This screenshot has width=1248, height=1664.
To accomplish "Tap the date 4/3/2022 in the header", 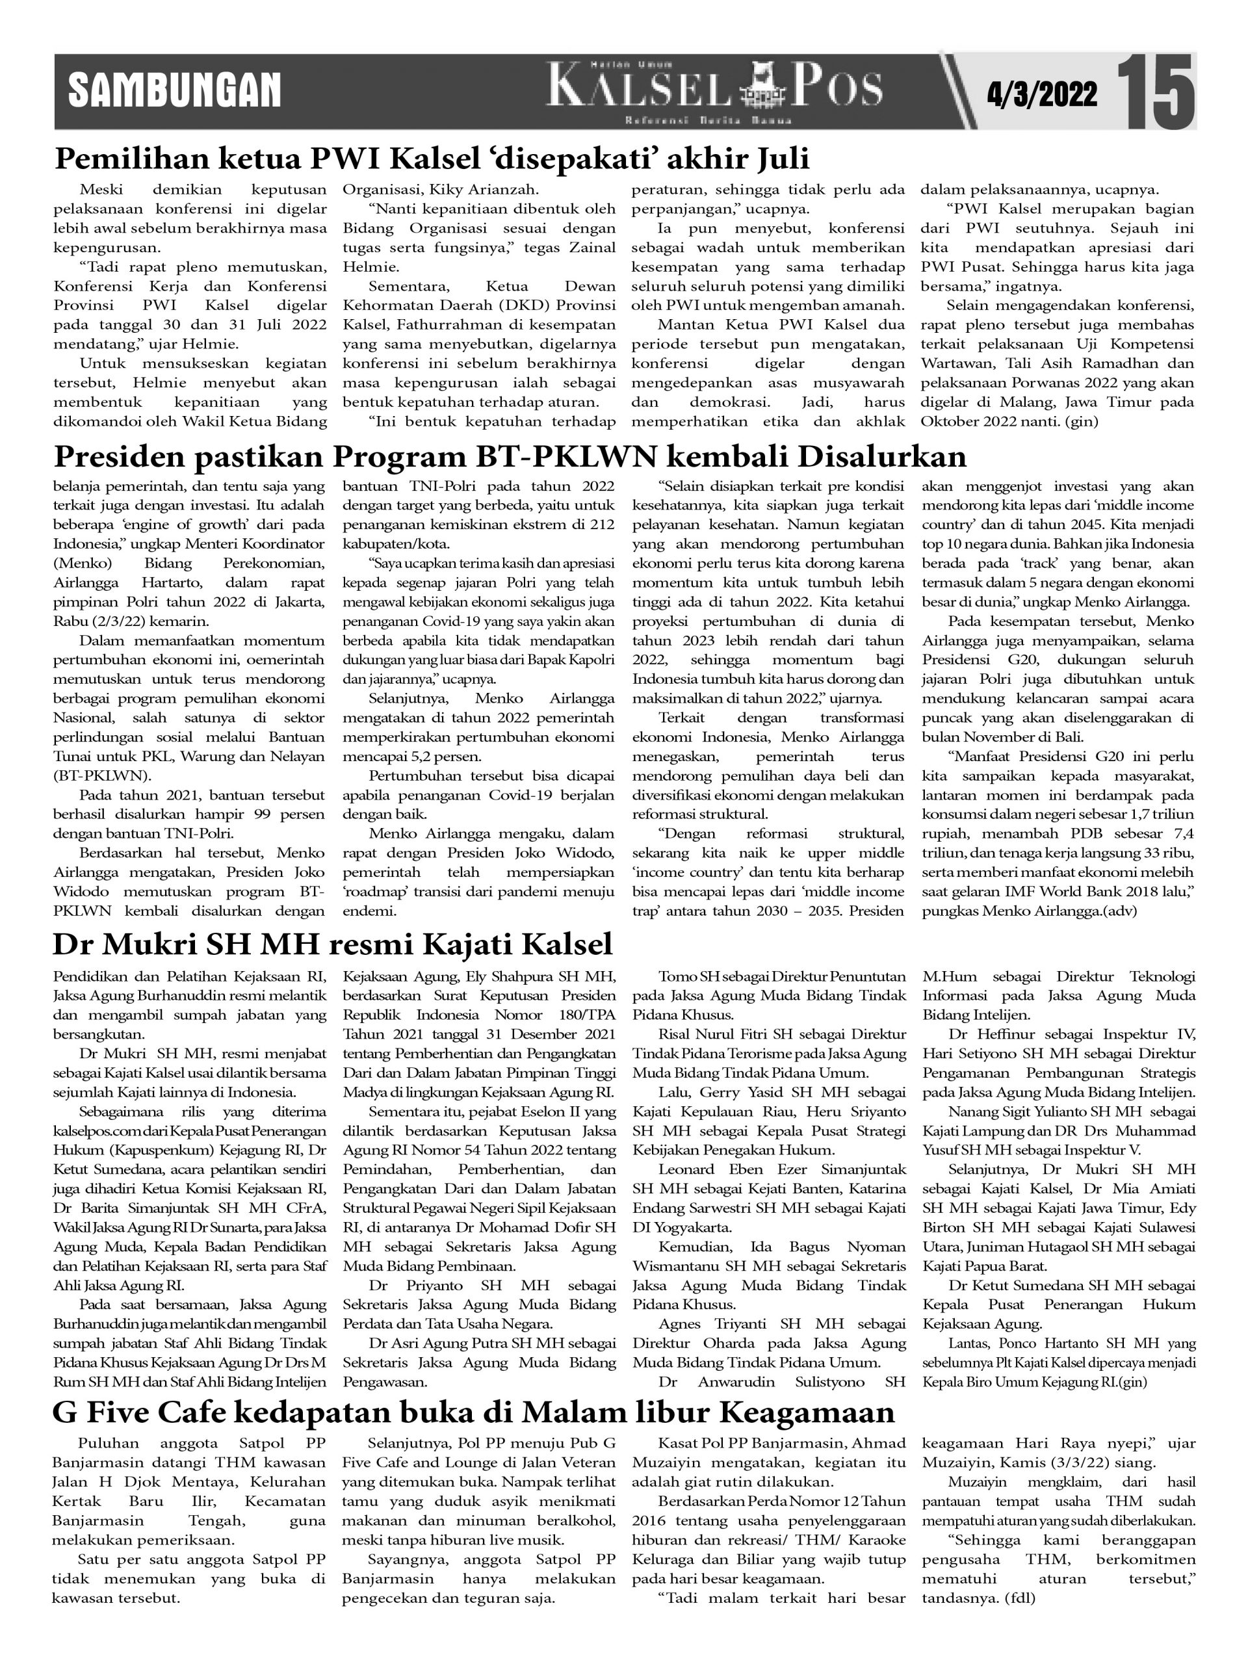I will [x=1042, y=94].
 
